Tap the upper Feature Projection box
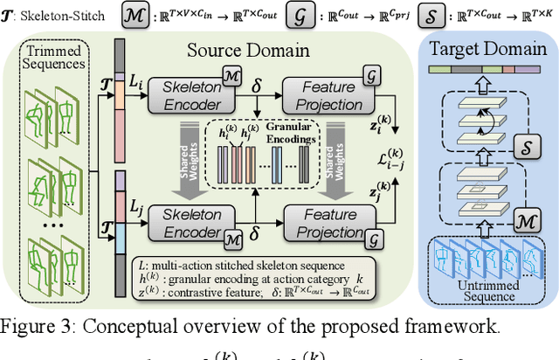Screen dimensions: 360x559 point(322,94)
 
